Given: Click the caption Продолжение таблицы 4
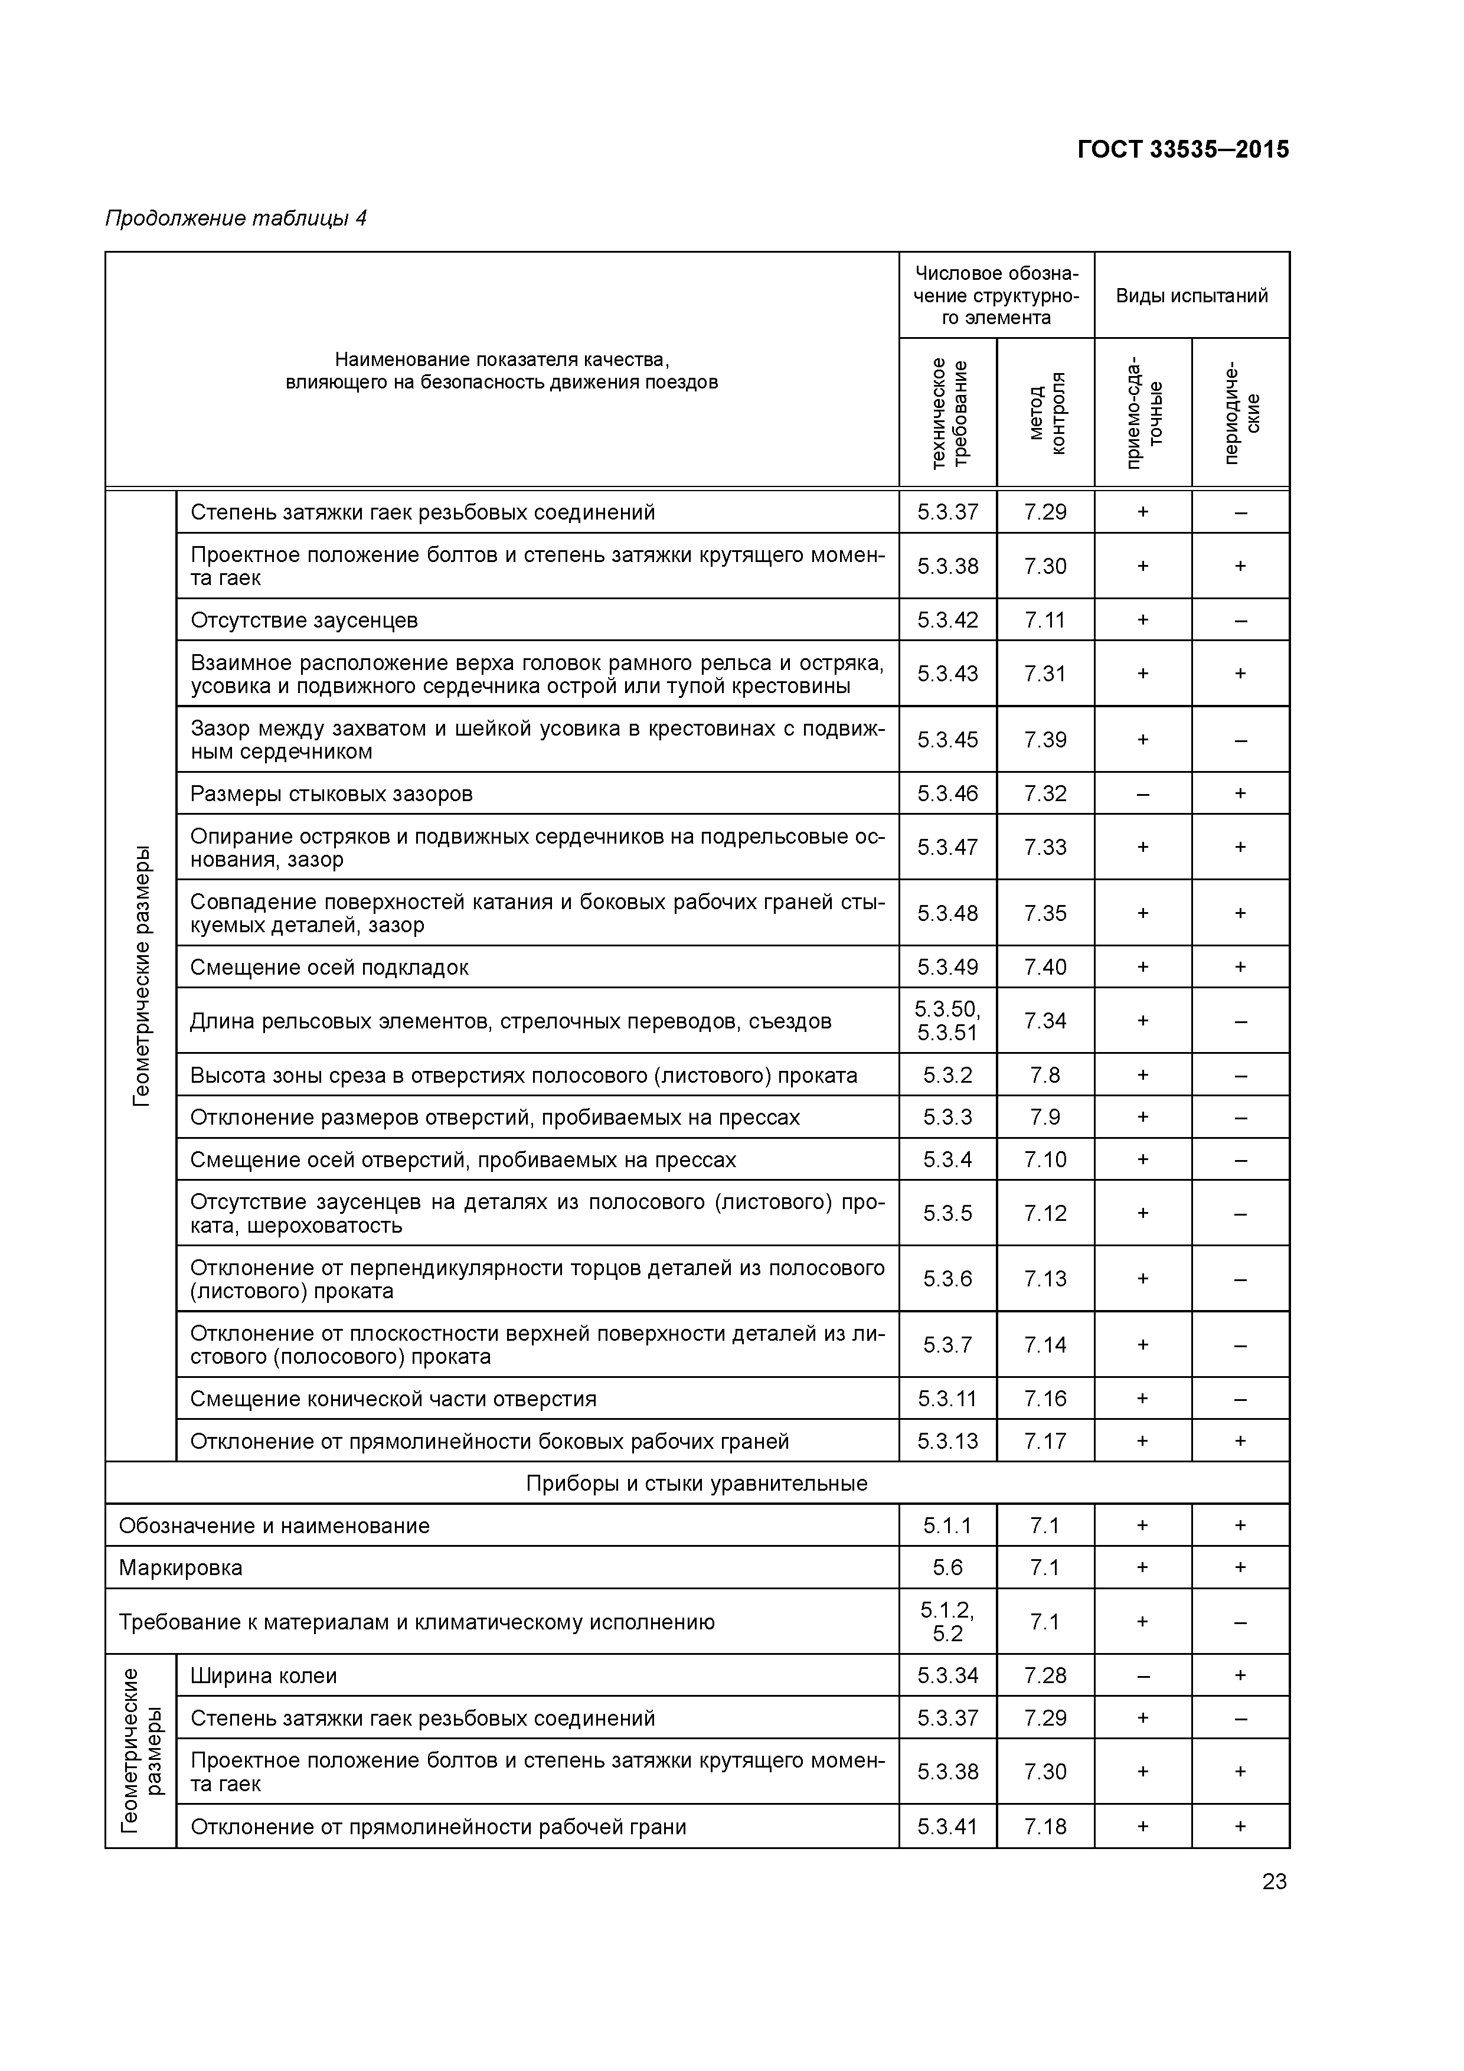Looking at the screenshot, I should click(236, 218).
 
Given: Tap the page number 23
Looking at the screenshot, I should click(1274, 1881).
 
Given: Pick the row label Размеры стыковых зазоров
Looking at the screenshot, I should click(331, 794).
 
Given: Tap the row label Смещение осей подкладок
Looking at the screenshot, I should click(329, 967).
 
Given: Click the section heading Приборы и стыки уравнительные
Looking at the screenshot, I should click(697, 1484).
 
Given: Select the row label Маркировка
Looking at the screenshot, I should click(181, 1567).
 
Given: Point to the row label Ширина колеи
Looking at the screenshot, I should click(263, 1676).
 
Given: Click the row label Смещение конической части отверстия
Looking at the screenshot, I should click(393, 1399).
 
